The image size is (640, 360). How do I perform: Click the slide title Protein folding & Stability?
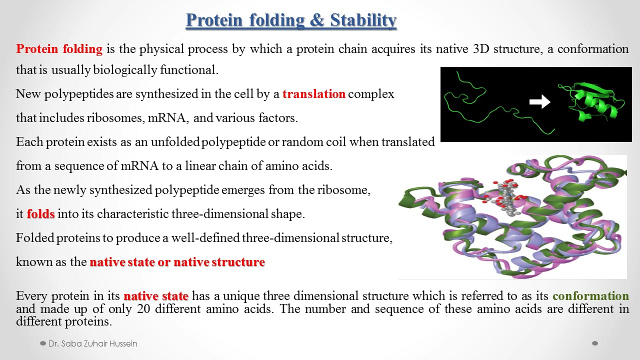[291, 20]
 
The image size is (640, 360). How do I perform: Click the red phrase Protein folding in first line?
[59, 49]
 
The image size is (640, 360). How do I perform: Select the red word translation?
[313, 94]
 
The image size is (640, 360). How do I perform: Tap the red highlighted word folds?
[40, 214]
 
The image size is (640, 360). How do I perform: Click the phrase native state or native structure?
[177, 262]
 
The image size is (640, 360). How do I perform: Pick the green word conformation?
[590, 296]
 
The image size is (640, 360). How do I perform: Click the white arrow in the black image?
[539, 102]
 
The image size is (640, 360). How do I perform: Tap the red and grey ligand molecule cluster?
[502, 197]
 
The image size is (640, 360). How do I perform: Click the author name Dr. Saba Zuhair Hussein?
[92, 344]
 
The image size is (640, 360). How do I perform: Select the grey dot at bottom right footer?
[594, 343]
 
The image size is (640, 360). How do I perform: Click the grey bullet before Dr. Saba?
[43, 344]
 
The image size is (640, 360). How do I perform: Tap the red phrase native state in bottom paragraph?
[156, 296]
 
